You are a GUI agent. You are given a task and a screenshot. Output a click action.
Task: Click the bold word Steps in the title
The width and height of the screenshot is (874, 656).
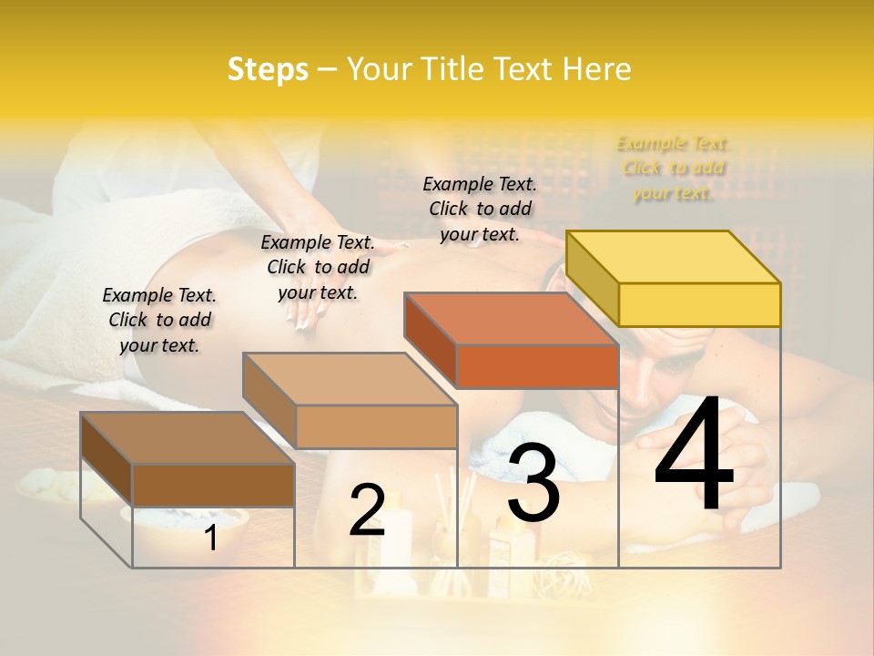[268, 69]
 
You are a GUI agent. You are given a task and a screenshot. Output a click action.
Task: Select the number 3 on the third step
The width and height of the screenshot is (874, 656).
[533, 484]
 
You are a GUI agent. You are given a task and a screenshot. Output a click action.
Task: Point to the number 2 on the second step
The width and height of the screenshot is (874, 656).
[367, 510]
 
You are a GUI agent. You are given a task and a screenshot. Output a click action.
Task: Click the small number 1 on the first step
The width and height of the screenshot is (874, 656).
[210, 538]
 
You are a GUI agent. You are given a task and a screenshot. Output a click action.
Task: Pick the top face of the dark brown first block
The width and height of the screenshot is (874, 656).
[188, 438]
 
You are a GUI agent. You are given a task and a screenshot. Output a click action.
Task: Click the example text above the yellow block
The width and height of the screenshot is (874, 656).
[673, 168]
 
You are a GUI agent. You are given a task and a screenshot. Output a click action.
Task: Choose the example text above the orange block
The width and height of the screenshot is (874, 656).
[480, 209]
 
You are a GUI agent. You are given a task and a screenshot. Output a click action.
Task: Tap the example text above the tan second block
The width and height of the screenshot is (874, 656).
[318, 267]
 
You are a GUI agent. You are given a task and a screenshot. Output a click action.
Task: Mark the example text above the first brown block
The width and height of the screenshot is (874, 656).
[159, 320]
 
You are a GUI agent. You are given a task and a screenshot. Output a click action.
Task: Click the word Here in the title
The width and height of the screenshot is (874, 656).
[598, 69]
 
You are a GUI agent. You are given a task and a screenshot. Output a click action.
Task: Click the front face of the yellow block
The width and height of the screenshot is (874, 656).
[699, 304]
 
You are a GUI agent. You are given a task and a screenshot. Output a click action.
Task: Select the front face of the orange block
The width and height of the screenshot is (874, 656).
[537, 366]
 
